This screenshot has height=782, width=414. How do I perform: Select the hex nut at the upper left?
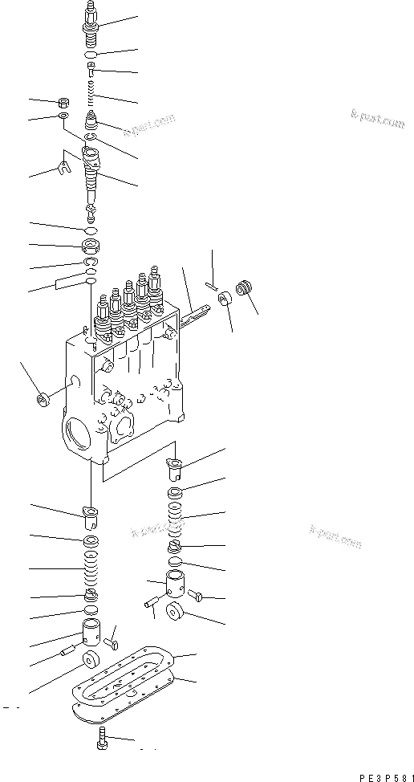[63, 103]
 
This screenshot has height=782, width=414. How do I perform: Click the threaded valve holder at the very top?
[91, 19]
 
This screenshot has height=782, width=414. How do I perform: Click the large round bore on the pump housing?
[79, 440]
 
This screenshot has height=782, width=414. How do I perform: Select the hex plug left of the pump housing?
[43, 397]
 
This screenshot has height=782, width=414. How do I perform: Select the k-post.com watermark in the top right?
[377, 122]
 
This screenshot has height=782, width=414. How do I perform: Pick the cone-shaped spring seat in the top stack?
[93, 124]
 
